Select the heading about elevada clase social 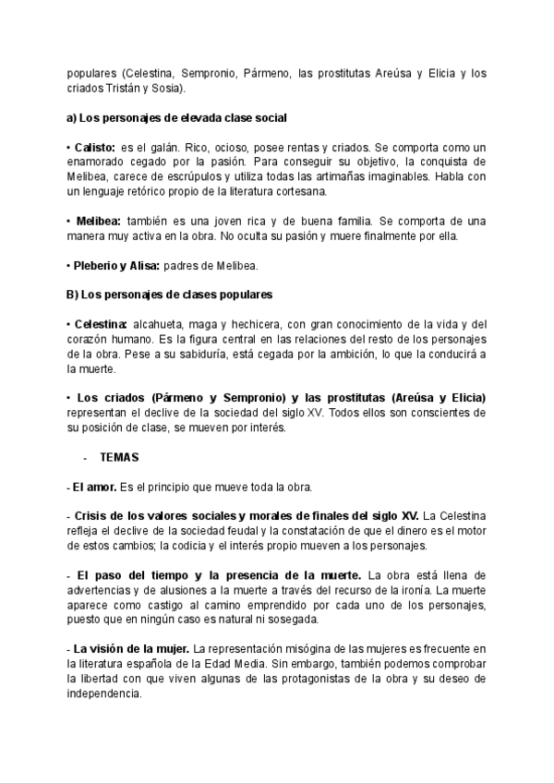click(176, 118)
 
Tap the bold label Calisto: click(94, 148)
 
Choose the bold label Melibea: click(96, 222)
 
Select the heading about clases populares click(170, 295)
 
